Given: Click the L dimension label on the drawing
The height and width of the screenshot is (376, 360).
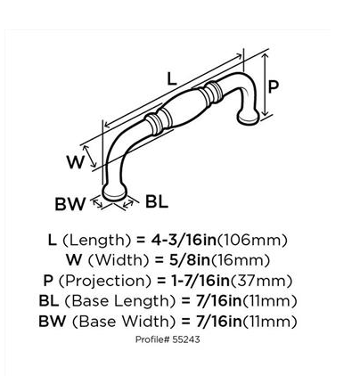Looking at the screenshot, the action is pyautogui.click(x=172, y=78).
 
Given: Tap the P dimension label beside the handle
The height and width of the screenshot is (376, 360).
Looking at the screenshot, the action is pyautogui.click(x=274, y=86).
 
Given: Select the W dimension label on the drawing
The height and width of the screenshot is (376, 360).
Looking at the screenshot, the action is pyautogui.click(x=76, y=162).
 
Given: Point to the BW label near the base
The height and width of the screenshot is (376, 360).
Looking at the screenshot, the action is pyautogui.click(x=70, y=204).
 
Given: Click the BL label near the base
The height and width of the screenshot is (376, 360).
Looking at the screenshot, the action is pyautogui.click(x=157, y=202).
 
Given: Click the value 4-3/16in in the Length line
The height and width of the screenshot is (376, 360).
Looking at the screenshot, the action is pyautogui.click(x=184, y=240).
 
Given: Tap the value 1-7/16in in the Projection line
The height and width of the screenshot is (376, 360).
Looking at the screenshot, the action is pyautogui.click(x=200, y=281).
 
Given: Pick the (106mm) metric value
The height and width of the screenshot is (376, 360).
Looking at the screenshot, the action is pyautogui.click(x=252, y=240).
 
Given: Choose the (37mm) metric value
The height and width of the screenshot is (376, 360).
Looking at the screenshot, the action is pyautogui.click(x=261, y=281).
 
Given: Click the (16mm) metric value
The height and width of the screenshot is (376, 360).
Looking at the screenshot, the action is pyautogui.click(x=241, y=260).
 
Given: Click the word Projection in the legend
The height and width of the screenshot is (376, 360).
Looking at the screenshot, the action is pyautogui.click(x=105, y=281).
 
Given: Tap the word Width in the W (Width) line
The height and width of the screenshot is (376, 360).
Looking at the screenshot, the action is pyautogui.click(x=119, y=260).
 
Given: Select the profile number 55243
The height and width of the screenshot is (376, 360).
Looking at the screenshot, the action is pyautogui.click(x=186, y=339).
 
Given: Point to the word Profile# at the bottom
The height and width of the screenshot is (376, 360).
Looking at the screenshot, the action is pyautogui.click(x=152, y=339).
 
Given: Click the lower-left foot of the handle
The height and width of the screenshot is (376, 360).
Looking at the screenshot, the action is pyautogui.click(x=114, y=191).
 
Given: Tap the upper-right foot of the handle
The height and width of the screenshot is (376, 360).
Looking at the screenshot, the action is pyautogui.click(x=249, y=117).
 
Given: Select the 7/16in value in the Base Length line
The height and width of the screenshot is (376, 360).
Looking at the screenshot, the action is pyautogui.click(x=219, y=301).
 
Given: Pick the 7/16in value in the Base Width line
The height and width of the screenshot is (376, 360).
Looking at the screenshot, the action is pyautogui.click(x=219, y=322).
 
